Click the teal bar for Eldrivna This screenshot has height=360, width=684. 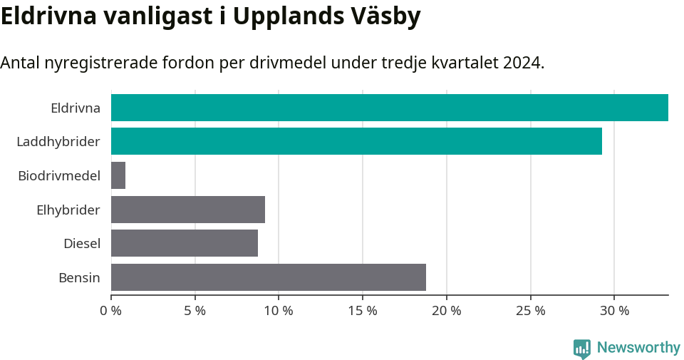coord(389,108)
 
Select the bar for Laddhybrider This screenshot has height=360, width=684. coord(356,141)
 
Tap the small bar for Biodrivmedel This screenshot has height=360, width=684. coord(118,175)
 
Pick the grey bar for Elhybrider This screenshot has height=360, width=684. coord(188,210)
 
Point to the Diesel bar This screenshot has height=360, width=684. coord(185,243)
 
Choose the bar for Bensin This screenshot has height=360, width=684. coord(269,277)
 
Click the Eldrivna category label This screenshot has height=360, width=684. coord(75,108)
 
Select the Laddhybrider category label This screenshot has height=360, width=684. coord(58,142)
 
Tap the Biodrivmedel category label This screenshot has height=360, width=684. coord(59,176)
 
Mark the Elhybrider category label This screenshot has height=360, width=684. coord(68,210)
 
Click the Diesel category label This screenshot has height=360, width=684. coord(81,244)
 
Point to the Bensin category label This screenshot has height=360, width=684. coord(79,277)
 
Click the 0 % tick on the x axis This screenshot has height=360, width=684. coord(111,311)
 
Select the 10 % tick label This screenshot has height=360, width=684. coord(279,311)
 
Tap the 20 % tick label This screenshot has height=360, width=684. coord(447,311)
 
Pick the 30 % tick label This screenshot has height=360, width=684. coord(614,311)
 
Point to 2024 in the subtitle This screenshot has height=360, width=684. coord(522,63)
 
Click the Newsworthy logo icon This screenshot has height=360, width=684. coord(582,349)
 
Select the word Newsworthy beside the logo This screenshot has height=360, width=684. coord(638,348)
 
